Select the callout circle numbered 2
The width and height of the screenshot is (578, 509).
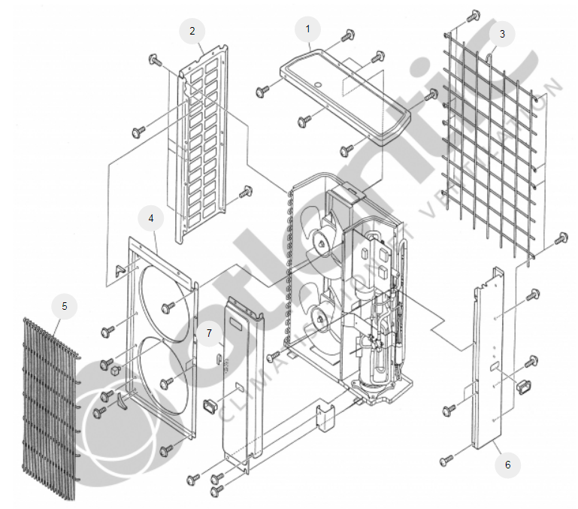pyautogui.click(x=192, y=31)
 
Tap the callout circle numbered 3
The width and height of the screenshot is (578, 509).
pyautogui.click(x=502, y=34)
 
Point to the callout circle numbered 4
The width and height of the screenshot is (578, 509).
pyautogui.click(x=151, y=218)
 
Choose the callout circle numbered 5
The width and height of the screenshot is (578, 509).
pyautogui.click(x=64, y=306)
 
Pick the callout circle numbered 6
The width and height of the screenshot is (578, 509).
pyautogui.click(x=507, y=465)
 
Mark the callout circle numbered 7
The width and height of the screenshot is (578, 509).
pyautogui.click(x=210, y=332)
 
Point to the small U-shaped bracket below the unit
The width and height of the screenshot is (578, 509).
pyautogui.click(x=325, y=417)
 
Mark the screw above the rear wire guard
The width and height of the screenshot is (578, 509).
pyautogui.click(x=473, y=15)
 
